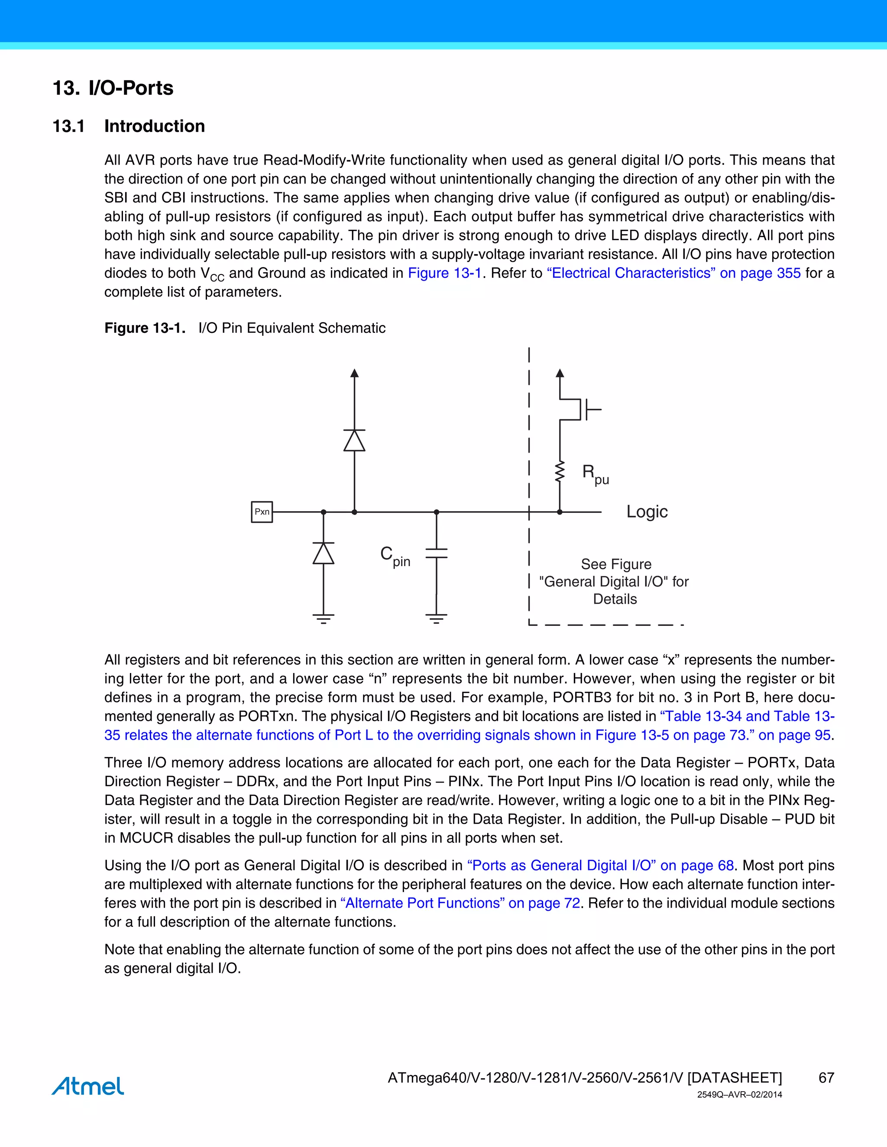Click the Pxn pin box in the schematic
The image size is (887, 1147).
click(262, 512)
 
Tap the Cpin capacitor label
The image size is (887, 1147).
click(395, 556)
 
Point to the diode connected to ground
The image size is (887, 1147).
click(323, 554)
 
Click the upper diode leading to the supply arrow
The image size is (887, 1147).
click(354, 440)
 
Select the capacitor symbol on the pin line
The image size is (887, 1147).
click(436, 553)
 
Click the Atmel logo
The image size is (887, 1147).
click(88, 1086)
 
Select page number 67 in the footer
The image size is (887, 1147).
click(826, 1078)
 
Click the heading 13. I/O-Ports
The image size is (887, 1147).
click(113, 88)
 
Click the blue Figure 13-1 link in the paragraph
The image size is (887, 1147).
click(444, 273)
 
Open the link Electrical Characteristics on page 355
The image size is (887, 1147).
click(673, 273)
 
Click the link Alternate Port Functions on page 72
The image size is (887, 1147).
click(460, 903)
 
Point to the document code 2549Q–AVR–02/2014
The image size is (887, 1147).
click(739, 1095)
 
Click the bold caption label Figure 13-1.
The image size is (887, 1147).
click(145, 328)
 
